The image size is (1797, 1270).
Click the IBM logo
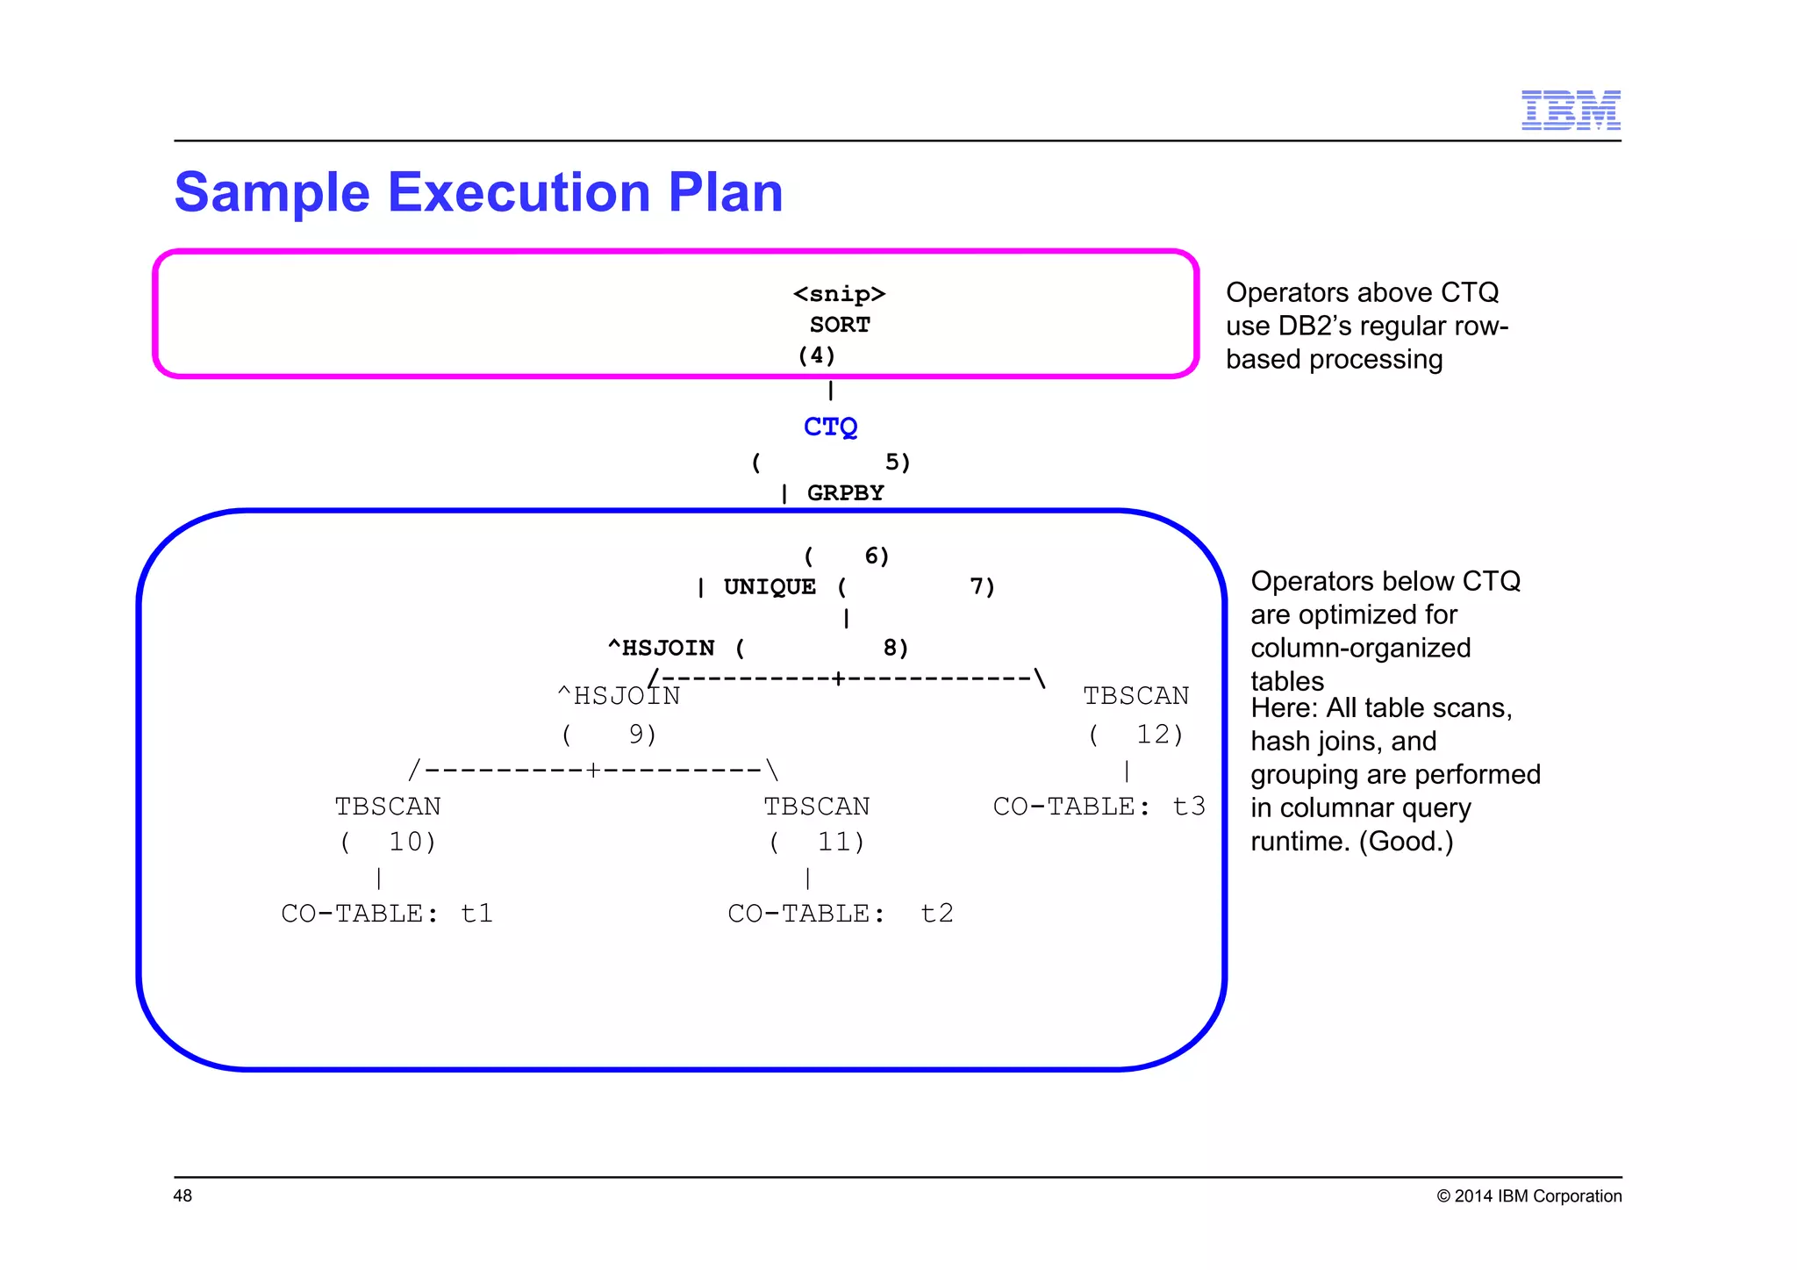[1570, 110]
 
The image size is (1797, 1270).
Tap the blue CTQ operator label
[830, 427]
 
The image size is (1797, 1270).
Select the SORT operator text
[840, 325]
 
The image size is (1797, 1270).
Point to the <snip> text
[839, 294]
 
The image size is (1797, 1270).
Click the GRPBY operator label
[845, 493]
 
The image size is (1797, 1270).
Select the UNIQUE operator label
[770, 586]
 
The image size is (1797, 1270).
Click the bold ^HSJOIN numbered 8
[662, 648]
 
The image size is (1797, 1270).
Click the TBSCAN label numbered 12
[1135, 696]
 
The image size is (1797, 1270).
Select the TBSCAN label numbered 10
[387, 806]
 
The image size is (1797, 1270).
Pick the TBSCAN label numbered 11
[816, 806]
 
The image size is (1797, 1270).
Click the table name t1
[476, 914]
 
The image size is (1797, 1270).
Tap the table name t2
[936, 914]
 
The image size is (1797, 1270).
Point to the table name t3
[1189, 806]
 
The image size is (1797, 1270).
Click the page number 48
[183, 1195]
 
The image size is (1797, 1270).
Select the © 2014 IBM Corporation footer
[1529, 1196]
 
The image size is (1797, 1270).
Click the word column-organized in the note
[1360, 648]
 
